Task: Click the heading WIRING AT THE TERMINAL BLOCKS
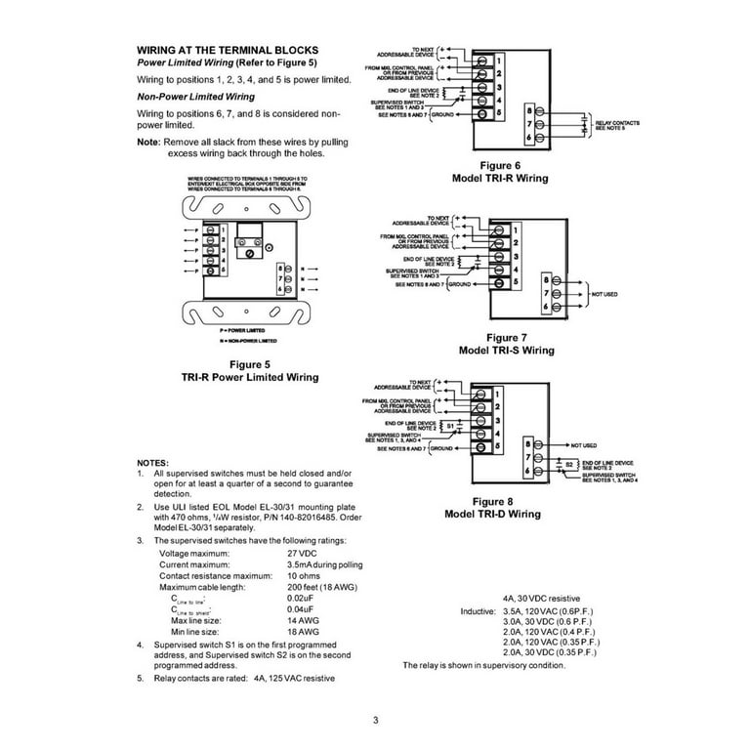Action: [x=228, y=49]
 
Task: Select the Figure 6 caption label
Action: [x=498, y=166]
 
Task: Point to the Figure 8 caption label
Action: [x=492, y=501]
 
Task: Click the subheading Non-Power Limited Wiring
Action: [x=195, y=97]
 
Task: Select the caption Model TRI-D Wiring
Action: [x=492, y=514]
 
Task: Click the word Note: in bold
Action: [x=148, y=143]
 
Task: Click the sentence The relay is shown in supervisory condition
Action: [x=483, y=665]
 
